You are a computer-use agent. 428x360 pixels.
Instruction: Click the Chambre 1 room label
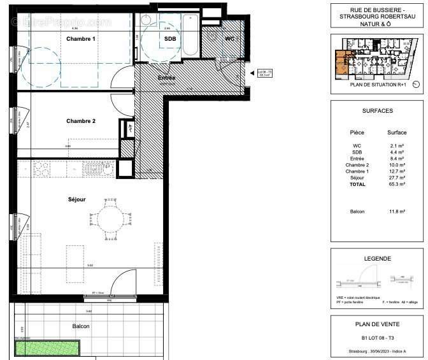(x=81, y=39)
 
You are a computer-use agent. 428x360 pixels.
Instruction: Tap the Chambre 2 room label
(x=81, y=121)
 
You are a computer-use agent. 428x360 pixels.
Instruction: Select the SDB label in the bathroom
(x=170, y=39)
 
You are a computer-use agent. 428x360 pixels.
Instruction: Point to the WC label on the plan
(x=230, y=39)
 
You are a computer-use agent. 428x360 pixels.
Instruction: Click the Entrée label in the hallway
(x=166, y=78)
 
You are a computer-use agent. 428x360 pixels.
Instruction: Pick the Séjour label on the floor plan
(x=76, y=199)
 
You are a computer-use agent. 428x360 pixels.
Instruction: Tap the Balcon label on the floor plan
(x=81, y=326)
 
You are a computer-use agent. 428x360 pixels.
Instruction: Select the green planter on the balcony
(x=48, y=349)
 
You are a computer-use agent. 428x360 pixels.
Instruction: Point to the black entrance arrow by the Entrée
(x=252, y=73)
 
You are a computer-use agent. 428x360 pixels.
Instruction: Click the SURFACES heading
(x=377, y=110)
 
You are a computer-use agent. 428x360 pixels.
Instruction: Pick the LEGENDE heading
(x=377, y=259)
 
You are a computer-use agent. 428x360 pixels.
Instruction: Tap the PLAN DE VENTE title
(x=377, y=324)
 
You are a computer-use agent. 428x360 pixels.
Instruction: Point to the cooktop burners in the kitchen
(x=42, y=169)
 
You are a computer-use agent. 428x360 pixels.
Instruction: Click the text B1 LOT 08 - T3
(x=377, y=336)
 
